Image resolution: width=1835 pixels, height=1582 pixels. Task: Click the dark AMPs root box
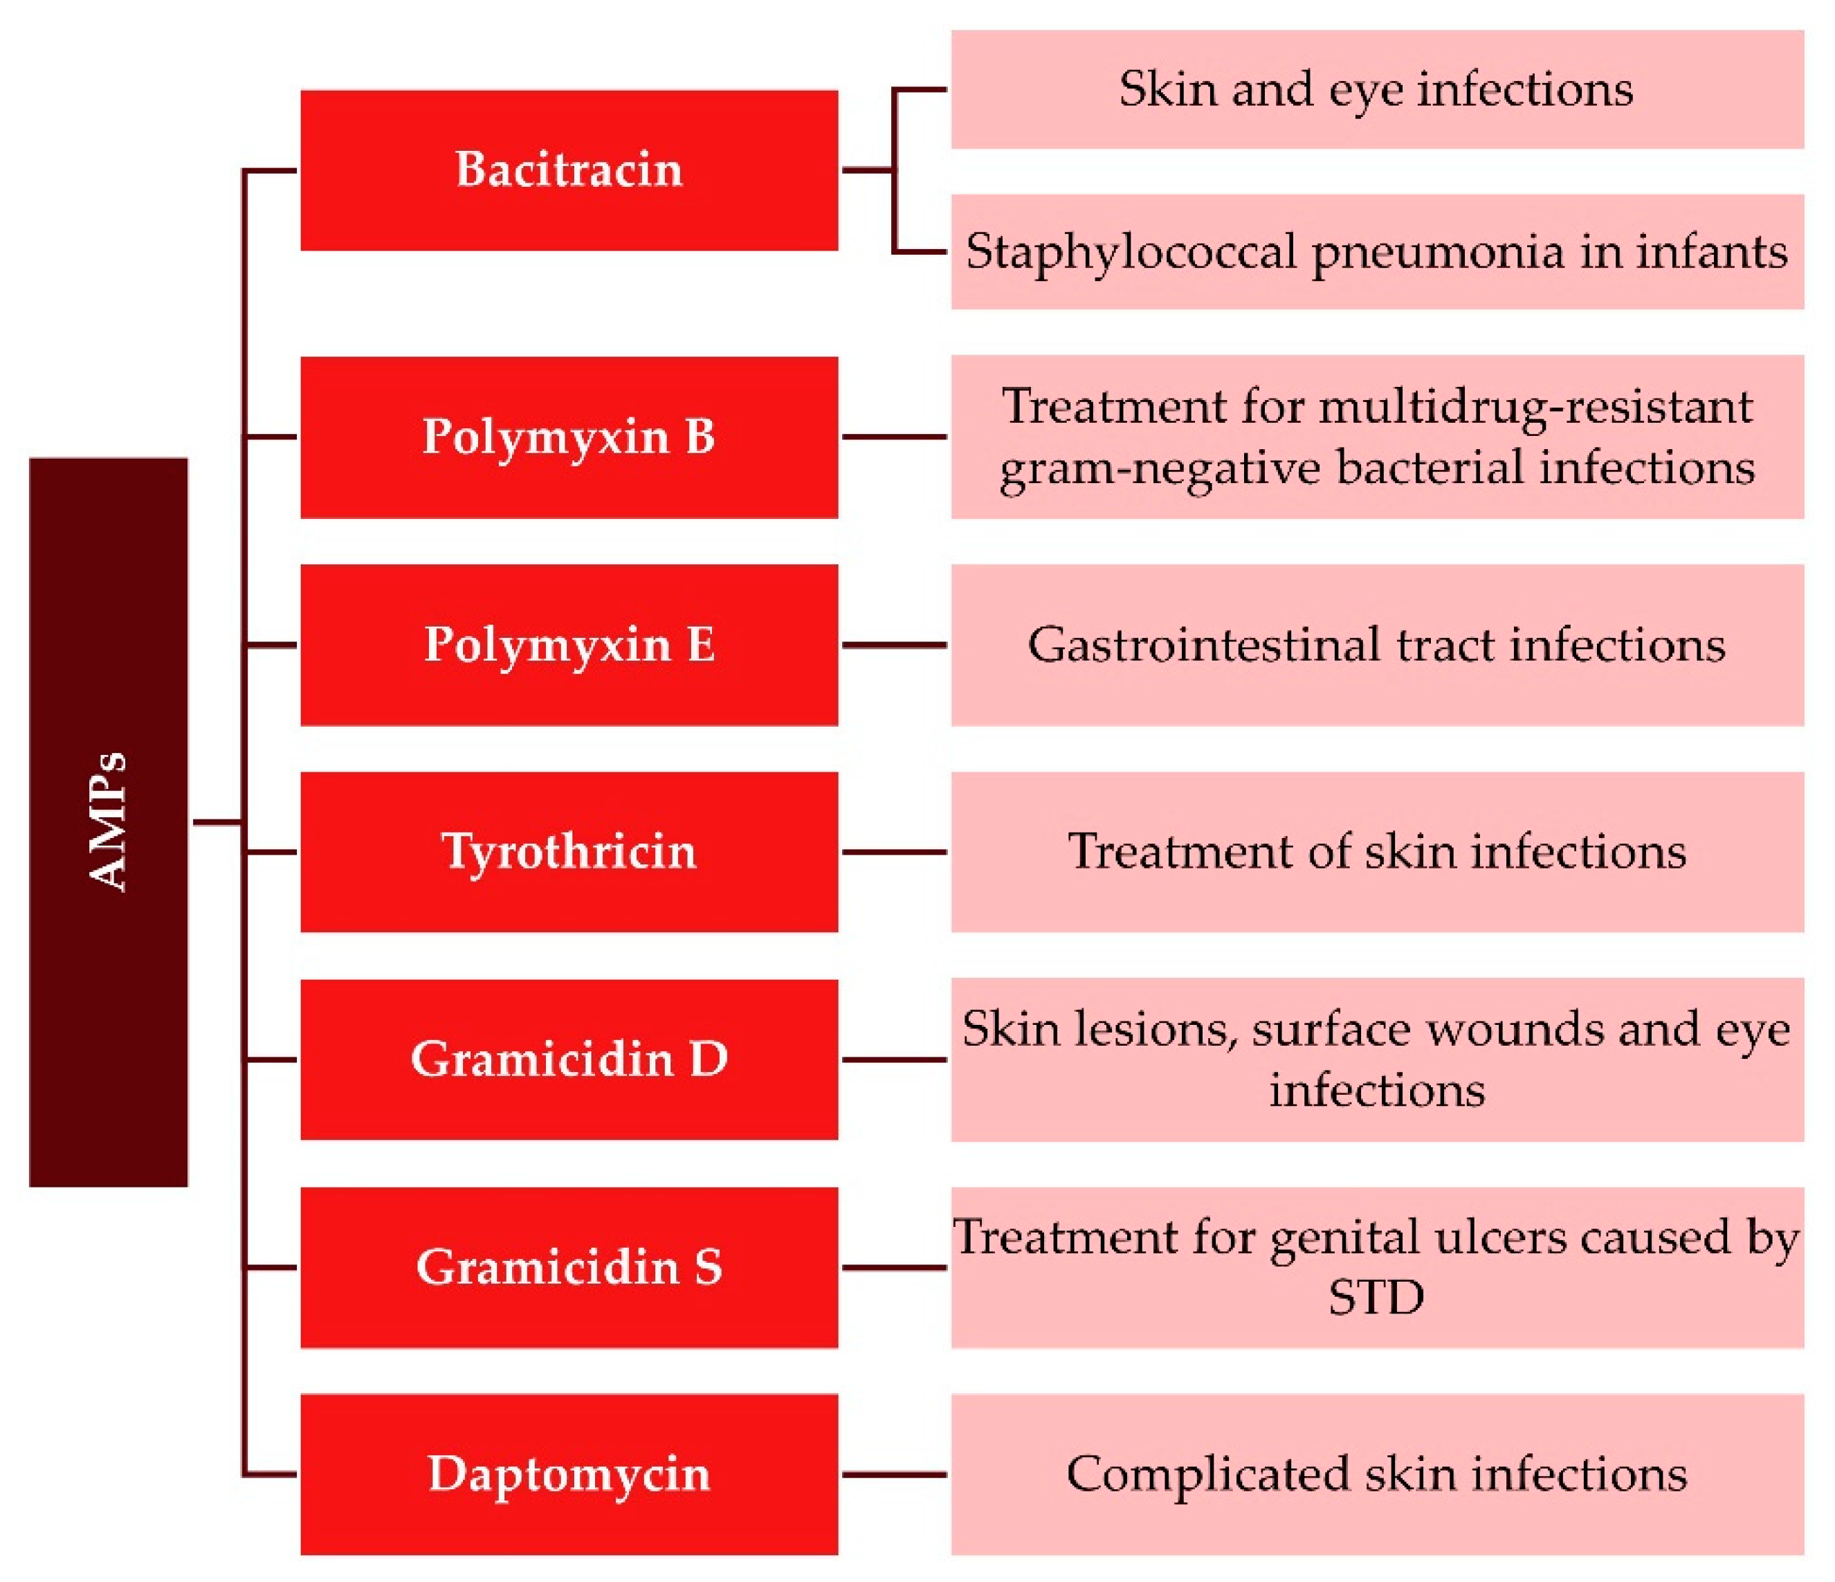point(108,821)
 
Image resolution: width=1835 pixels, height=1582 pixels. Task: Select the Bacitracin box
point(569,170)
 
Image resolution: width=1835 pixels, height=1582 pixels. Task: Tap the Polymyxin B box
point(569,437)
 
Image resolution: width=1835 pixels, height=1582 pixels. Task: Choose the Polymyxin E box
point(569,645)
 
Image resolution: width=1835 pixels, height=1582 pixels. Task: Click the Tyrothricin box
point(569,851)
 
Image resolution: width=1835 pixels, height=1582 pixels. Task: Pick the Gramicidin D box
point(569,1059)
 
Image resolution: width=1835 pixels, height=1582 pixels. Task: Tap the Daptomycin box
point(569,1474)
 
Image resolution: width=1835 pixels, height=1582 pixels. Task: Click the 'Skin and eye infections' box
point(1376,89)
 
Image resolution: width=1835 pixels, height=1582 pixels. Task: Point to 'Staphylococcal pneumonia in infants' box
point(1376,252)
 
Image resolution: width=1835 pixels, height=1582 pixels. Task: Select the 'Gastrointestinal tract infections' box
point(1376,645)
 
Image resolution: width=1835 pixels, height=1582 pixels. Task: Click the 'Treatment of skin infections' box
point(1376,851)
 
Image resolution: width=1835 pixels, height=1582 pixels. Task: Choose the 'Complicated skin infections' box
point(1376,1474)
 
